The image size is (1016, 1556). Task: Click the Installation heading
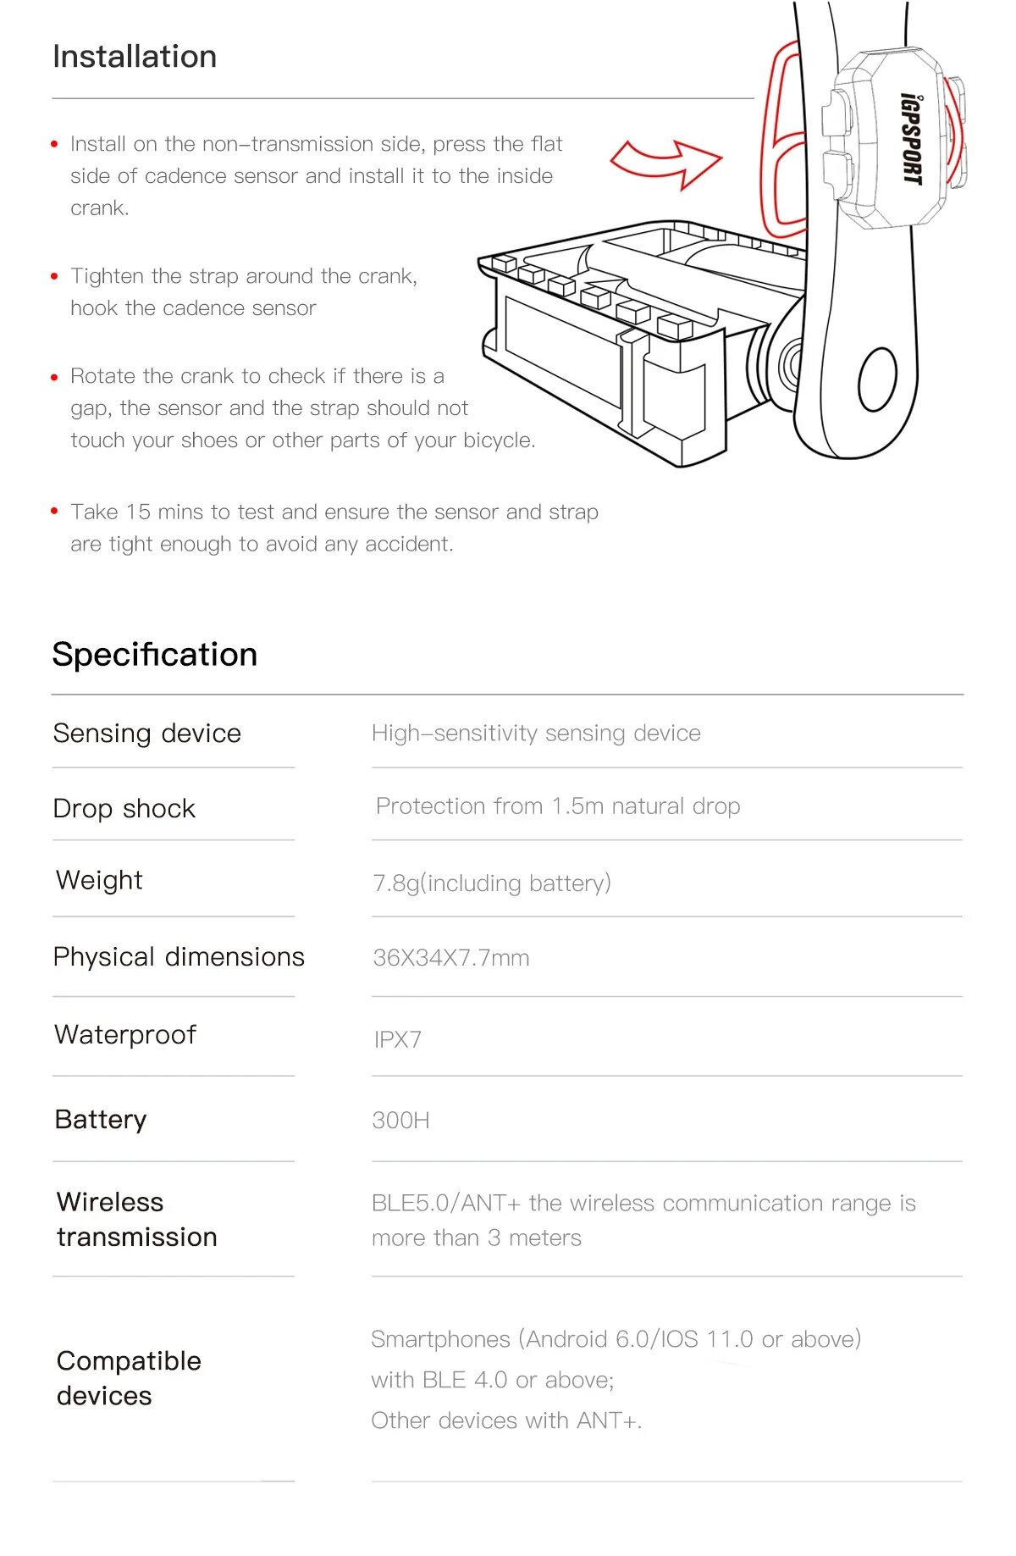pyautogui.click(x=135, y=57)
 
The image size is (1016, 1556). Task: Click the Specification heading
pyautogui.click(x=154, y=655)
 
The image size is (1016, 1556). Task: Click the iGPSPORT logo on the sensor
pyautogui.click(x=911, y=138)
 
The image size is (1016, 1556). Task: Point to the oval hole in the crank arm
pyautogui.click(x=877, y=379)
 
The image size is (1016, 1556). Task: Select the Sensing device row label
pyautogui.click(x=146, y=734)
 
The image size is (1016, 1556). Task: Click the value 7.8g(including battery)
pyautogui.click(x=492, y=883)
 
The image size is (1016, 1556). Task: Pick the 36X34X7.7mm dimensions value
pyautogui.click(x=451, y=958)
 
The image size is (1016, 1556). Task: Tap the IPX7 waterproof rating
pyautogui.click(x=398, y=1039)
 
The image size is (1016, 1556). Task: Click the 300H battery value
pyautogui.click(x=400, y=1121)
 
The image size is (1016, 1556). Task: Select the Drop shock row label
pyautogui.click(x=124, y=809)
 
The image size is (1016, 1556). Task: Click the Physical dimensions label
pyautogui.click(x=179, y=957)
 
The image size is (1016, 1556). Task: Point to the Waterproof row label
pyautogui.click(x=125, y=1035)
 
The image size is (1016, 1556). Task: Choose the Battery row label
pyautogui.click(x=101, y=1120)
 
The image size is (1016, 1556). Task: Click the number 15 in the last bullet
pyautogui.click(x=138, y=512)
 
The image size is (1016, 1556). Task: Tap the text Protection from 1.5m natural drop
pyautogui.click(x=558, y=806)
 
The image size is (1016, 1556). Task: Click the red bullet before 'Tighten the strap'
pyautogui.click(x=55, y=277)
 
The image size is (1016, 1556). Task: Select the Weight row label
pyautogui.click(x=99, y=881)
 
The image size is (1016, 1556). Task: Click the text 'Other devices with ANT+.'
pyautogui.click(x=506, y=1420)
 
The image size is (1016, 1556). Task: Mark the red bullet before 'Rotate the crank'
pyautogui.click(x=55, y=377)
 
